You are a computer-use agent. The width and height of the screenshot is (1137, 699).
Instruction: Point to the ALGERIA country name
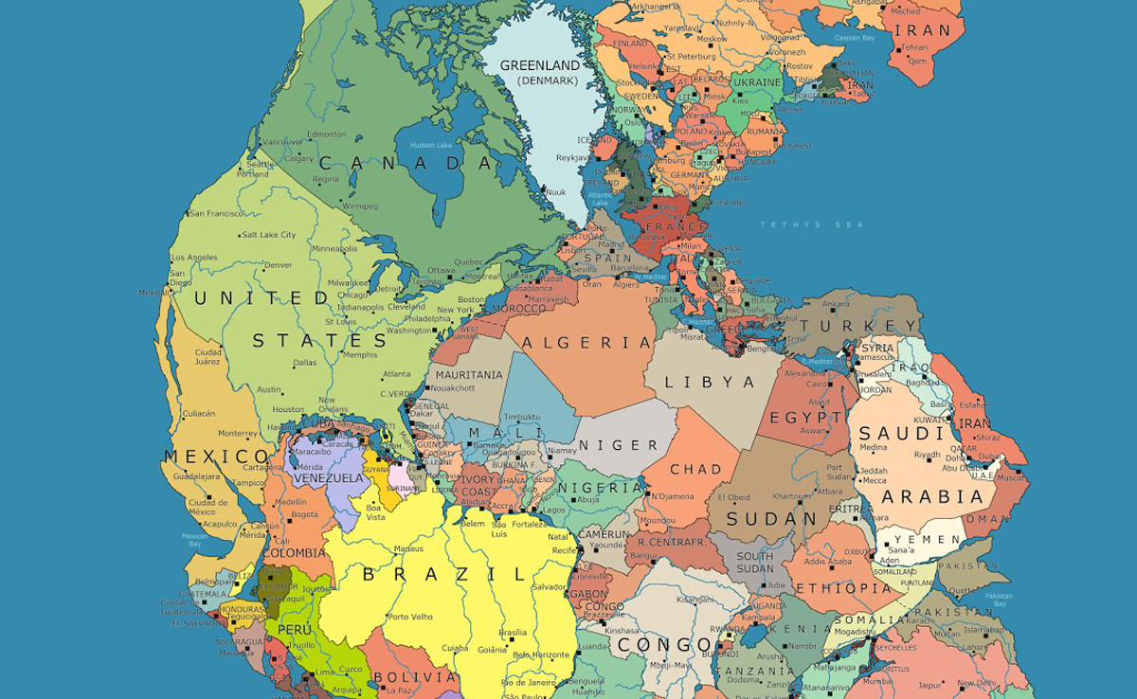587,342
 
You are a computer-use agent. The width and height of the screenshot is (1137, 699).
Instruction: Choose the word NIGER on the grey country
618,444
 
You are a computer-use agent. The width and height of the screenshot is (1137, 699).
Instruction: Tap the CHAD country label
695,469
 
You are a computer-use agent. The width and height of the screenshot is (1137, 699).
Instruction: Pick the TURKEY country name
845,326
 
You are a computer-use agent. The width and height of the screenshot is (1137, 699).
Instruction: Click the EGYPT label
805,418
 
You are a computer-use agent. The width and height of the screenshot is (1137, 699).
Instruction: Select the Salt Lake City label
269,235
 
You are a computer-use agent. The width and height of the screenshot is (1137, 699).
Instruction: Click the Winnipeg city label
360,206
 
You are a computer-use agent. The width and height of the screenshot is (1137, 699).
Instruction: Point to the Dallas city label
305,362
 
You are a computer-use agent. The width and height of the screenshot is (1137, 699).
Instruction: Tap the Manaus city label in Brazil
408,548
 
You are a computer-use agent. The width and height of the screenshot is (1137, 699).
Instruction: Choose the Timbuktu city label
521,417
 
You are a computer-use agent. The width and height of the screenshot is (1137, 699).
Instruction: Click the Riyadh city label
928,455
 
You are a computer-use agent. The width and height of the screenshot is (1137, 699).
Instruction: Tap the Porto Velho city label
410,618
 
